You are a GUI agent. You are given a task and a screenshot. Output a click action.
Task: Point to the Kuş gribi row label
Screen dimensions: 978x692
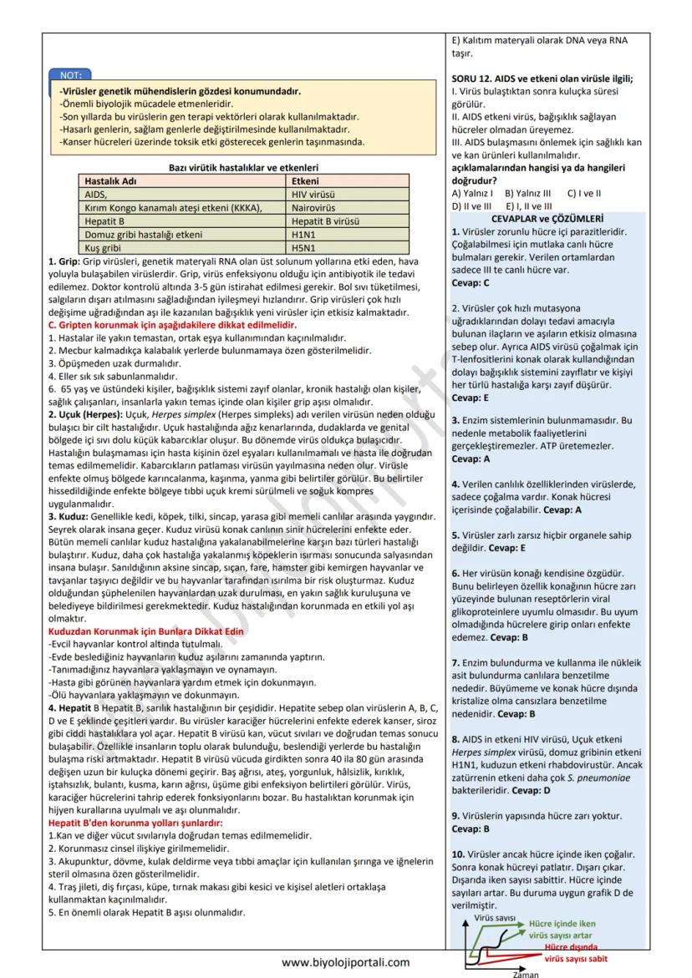coord(103,247)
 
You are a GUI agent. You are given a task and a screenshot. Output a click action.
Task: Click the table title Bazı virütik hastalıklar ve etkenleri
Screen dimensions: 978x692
coord(243,167)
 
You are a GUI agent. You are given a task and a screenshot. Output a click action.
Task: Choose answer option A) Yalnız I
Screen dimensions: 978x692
coord(471,192)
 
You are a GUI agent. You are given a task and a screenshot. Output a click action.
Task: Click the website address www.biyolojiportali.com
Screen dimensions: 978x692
coord(346,962)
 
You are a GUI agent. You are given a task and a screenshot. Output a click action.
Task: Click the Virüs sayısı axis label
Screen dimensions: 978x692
coord(495,916)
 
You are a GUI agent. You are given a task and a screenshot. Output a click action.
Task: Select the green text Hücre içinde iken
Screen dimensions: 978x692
coord(562,925)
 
